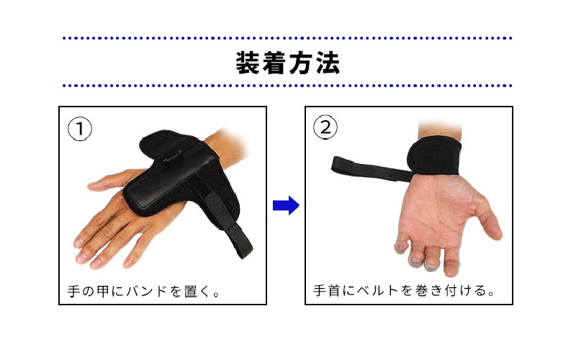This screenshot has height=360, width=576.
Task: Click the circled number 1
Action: coord(80,129)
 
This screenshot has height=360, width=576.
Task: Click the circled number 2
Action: coord(325,127)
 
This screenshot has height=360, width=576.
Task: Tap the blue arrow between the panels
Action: coord(286,205)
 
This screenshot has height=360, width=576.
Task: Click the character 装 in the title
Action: coord(248,63)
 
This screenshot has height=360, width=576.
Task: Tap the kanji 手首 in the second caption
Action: coord(327,290)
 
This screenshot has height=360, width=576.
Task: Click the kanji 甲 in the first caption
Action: coord(103,292)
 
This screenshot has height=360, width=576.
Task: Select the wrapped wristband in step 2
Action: coord(433,156)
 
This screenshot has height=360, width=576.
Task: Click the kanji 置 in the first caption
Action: coord(191,292)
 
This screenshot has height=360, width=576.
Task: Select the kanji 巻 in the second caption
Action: coord(421,290)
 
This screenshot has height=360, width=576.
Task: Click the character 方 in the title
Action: coord(301,63)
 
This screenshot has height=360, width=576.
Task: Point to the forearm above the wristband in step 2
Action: coord(440,129)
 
